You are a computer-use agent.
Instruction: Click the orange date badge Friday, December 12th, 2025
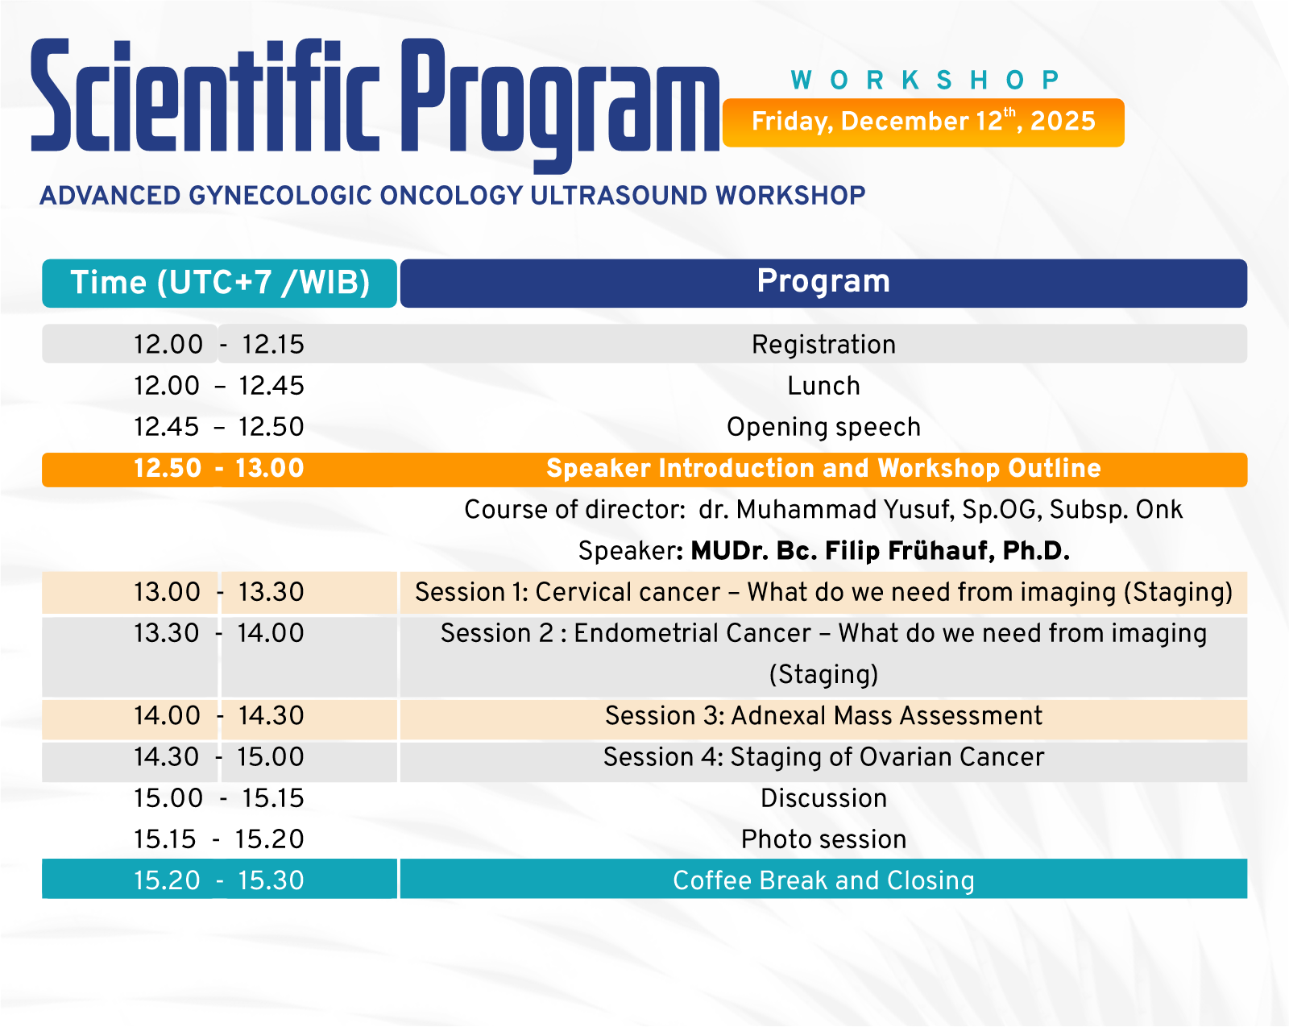[923, 122]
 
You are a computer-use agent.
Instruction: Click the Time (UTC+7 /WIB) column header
[219, 283]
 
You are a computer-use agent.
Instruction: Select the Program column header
[823, 283]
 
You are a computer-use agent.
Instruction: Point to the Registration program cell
[823, 344]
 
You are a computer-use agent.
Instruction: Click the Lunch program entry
[823, 386]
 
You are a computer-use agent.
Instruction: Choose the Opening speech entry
[823, 428]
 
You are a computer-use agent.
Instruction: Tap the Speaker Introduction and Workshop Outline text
[823, 468]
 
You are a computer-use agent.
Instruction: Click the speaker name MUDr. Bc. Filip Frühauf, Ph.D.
[880, 551]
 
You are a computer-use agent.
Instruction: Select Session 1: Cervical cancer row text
[823, 592]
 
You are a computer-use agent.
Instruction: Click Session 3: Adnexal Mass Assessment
[823, 715]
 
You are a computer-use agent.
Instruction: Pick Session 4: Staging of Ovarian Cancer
[823, 757]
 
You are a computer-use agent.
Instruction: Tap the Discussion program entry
[823, 798]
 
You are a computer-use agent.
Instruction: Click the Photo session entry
[823, 839]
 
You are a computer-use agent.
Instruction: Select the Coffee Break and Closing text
[823, 881]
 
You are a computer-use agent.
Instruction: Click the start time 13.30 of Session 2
[167, 634]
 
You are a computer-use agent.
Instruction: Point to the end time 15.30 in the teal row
[271, 881]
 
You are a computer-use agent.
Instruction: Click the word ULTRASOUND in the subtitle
[619, 196]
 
